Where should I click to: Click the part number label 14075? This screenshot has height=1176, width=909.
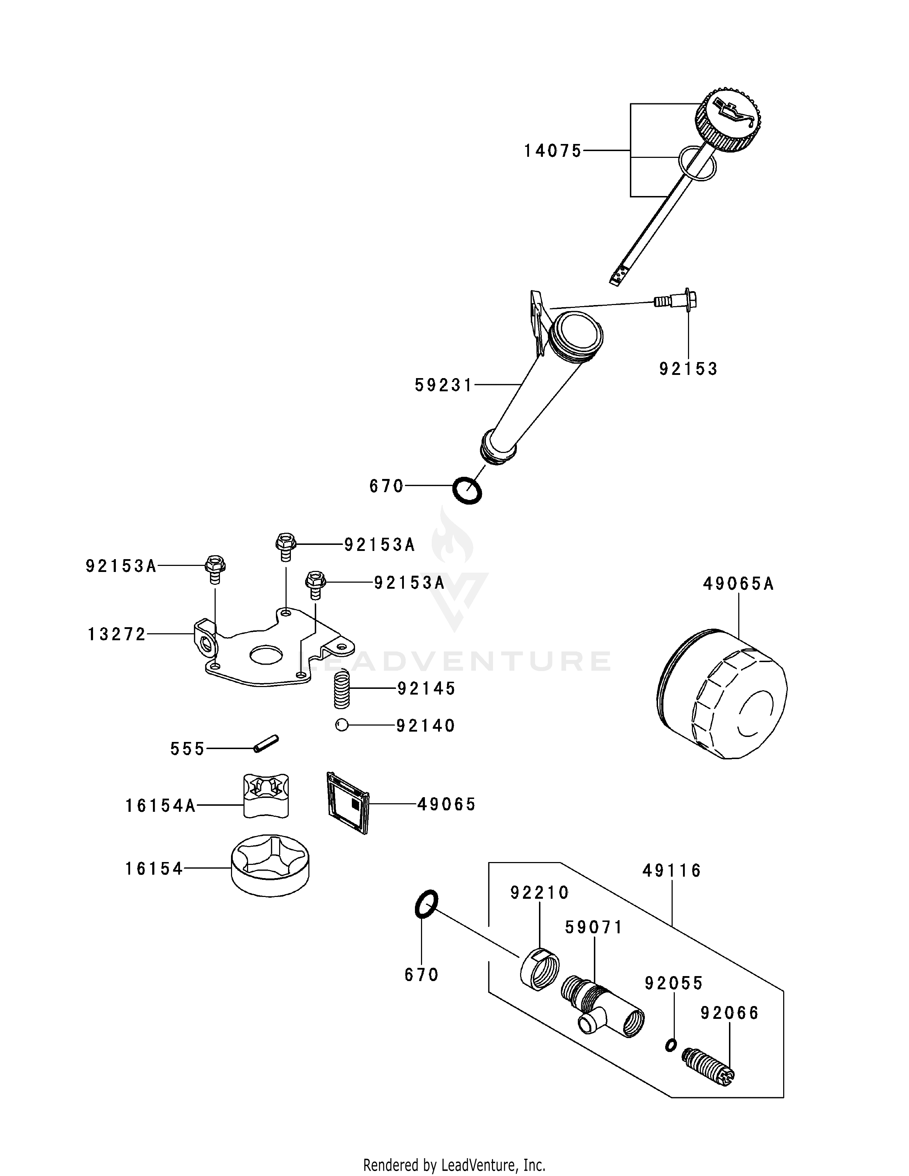pyautogui.click(x=553, y=151)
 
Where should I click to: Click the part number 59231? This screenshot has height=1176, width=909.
pyautogui.click(x=443, y=385)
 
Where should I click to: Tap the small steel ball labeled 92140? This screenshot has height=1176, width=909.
pyautogui.click(x=341, y=725)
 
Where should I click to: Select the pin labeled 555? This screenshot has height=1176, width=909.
pyautogui.click(x=266, y=745)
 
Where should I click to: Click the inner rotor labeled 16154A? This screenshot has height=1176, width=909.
pyautogui.click(x=266, y=795)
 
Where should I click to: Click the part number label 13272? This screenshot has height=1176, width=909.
pyautogui.click(x=117, y=635)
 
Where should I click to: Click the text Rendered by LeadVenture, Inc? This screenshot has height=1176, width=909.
pyautogui.click(x=454, y=1165)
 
